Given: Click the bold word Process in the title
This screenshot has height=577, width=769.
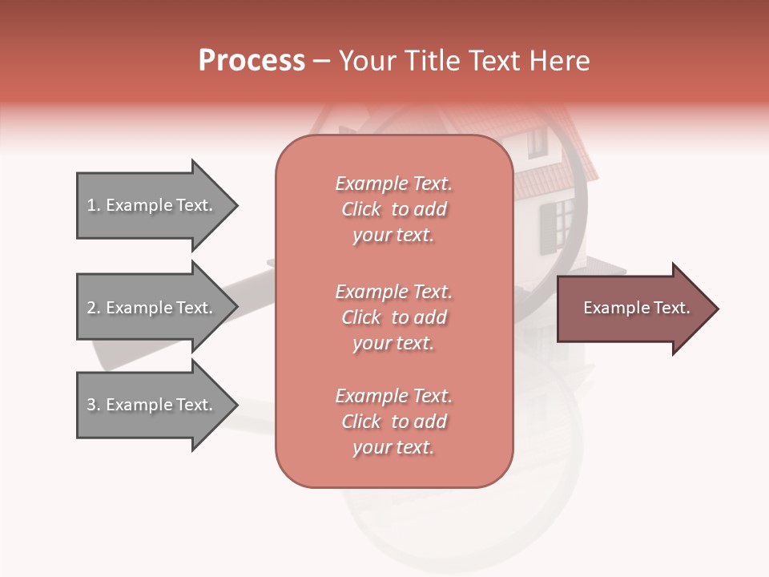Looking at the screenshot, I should pyautogui.click(x=252, y=61).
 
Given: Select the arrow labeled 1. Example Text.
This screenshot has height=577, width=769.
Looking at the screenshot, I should pyautogui.click(x=152, y=205).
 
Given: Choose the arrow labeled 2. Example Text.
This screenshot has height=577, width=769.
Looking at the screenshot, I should pyautogui.click(x=152, y=308).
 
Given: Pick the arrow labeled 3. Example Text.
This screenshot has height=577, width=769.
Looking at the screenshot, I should pyautogui.click(x=152, y=405).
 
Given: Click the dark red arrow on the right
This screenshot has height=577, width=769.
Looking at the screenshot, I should pyautogui.click(x=633, y=309).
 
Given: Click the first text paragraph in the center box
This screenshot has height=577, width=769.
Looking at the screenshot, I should pyautogui.click(x=393, y=209).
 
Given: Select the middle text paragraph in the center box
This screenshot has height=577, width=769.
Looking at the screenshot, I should pyautogui.click(x=393, y=317).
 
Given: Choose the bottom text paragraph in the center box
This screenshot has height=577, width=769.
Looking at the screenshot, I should pyautogui.click(x=393, y=422).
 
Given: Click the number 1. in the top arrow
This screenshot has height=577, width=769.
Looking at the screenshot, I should pyautogui.click(x=94, y=205).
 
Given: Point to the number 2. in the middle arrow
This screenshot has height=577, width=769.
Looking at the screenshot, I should pyautogui.click(x=94, y=308).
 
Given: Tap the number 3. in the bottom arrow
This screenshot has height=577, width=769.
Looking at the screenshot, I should pyautogui.click(x=94, y=405).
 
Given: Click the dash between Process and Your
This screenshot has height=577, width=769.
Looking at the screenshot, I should pyautogui.click(x=321, y=61).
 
